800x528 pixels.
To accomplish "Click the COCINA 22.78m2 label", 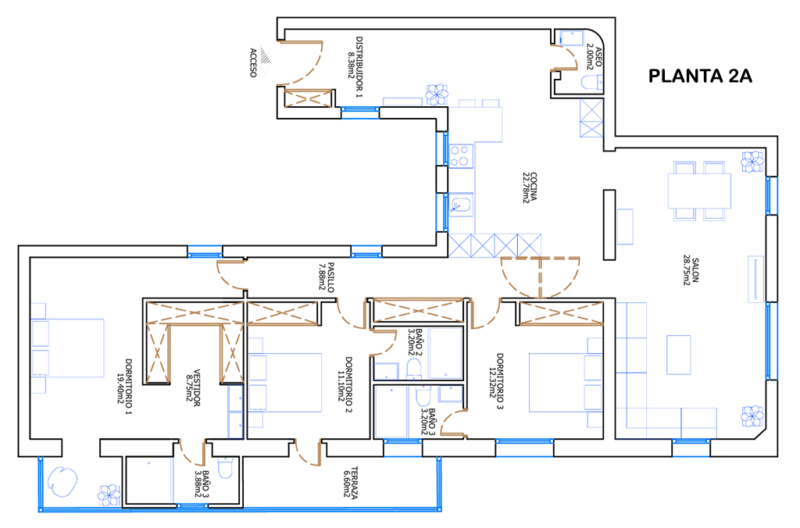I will pos(529,187).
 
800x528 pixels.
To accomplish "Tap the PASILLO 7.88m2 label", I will pos(327,276).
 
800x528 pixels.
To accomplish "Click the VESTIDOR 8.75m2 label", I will pos(193,388).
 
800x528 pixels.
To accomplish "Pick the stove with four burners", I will pos(461,155).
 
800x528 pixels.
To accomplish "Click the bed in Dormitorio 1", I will pos(68,348).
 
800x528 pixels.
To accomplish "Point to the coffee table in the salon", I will pos(678,356).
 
